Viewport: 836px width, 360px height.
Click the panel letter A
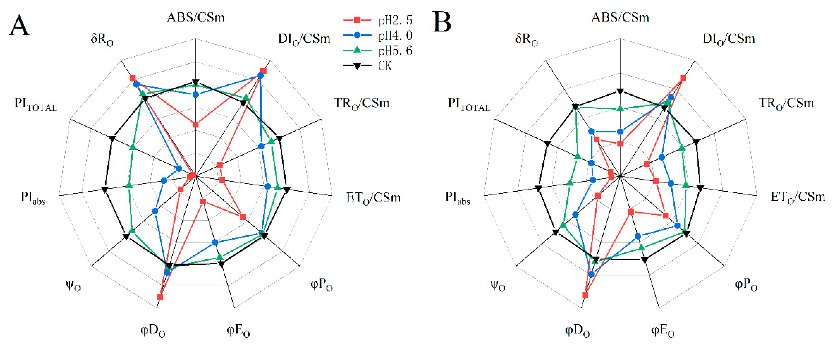click(x=19, y=25)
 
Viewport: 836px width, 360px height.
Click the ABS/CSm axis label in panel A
click(x=196, y=17)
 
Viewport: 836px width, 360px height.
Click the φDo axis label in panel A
click(x=153, y=331)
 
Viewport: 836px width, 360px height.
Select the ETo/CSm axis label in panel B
click(x=798, y=197)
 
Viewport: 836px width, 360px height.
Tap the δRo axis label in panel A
click(x=102, y=39)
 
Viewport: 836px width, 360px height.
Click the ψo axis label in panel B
click(x=498, y=286)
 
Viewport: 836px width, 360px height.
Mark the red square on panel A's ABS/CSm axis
click(x=195, y=125)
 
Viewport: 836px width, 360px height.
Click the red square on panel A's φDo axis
click(x=160, y=297)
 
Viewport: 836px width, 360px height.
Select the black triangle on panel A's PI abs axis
click(x=104, y=189)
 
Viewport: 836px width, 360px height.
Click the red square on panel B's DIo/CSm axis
click(x=683, y=78)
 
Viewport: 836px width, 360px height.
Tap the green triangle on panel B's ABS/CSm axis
click(x=620, y=108)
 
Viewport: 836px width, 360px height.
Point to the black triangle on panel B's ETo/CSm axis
click(x=700, y=188)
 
